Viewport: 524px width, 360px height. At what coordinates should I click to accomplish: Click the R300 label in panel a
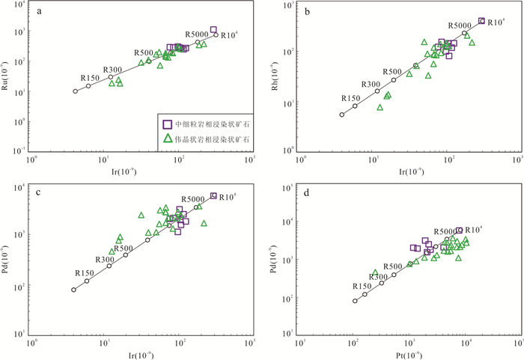pyautogui.click(x=113, y=69)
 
